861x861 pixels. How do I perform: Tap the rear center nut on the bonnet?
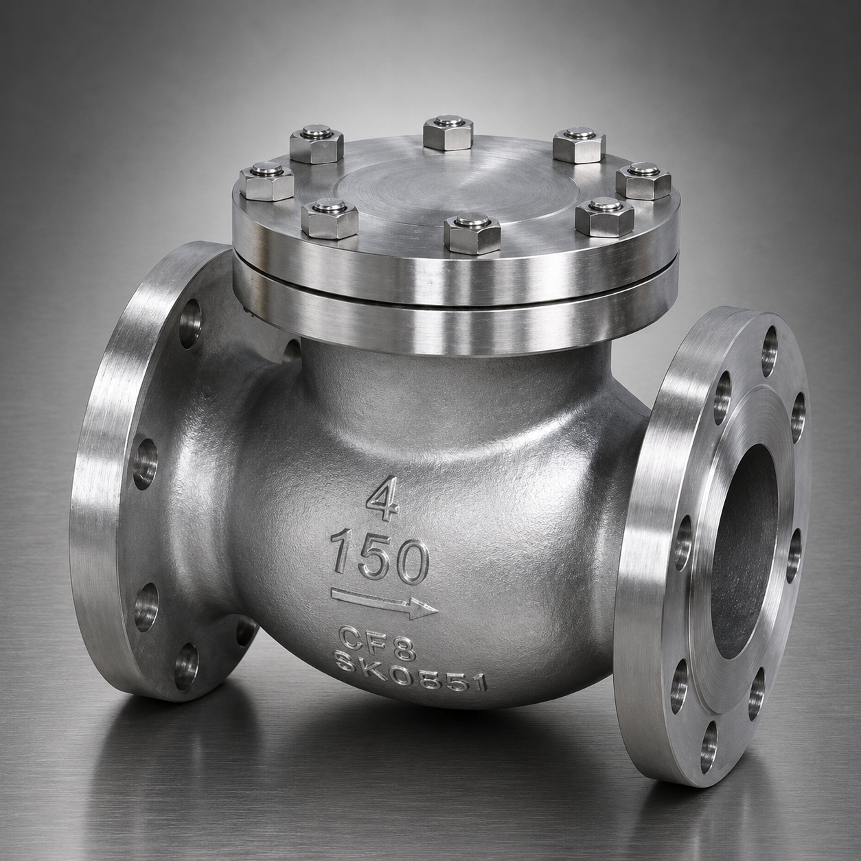pyautogui.click(x=448, y=133)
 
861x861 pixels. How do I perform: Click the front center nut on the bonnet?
pyautogui.click(x=472, y=233)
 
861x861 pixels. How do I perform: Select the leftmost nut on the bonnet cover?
pyautogui.click(x=266, y=181)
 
